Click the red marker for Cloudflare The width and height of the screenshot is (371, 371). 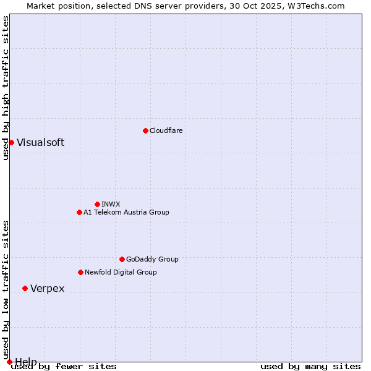(x=145, y=130)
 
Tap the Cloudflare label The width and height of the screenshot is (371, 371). (x=166, y=130)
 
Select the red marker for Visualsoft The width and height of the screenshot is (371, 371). (x=11, y=142)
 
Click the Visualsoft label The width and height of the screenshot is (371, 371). (x=40, y=142)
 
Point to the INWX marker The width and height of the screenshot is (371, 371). (x=97, y=204)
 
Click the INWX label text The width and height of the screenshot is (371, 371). (x=111, y=204)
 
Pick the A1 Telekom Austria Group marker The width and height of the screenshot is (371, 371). (x=79, y=212)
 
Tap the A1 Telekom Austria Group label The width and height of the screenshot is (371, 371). (x=126, y=212)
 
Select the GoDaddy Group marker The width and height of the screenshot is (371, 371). (x=122, y=259)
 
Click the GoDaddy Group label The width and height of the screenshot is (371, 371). (x=151, y=259)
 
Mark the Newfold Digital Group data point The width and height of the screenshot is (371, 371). (x=80, y=272)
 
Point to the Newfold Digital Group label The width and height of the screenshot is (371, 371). (x=121, y=272)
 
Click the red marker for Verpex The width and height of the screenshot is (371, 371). (x=25, y=288)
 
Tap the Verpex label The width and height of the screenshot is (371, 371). (x=47, y=289)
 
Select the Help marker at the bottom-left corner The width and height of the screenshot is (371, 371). (x=9, y=362)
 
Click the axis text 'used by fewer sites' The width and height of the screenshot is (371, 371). (x=64, y=367)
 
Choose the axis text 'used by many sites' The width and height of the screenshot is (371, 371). (x=310, y=367)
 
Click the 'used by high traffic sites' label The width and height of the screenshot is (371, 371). (x=6, y=88)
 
